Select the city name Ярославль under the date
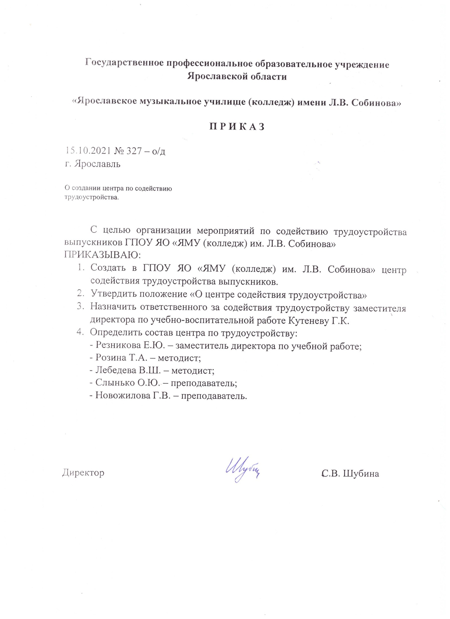tap(97, 164)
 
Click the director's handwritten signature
tap(243, 469)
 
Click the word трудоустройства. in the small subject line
tap(91, 197)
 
